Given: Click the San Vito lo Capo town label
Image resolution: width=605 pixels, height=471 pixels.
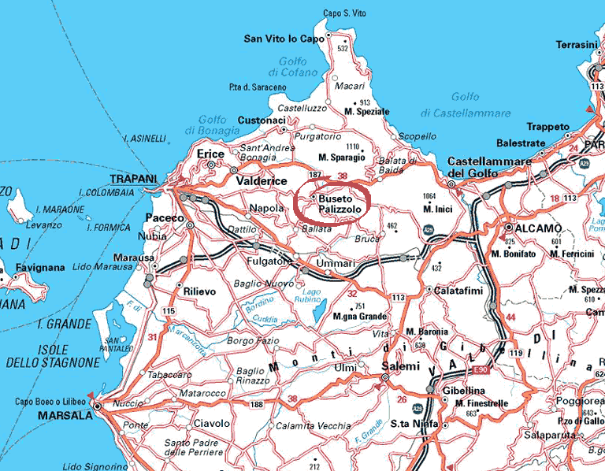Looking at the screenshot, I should (284, 38).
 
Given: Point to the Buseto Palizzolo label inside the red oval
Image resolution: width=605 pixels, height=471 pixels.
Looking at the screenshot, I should (336, 206).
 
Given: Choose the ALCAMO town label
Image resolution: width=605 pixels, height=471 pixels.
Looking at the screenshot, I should (537, 228).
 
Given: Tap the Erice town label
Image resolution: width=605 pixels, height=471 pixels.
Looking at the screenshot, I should (210, 154).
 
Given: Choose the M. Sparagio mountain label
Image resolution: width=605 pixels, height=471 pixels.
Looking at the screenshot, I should (341, 157).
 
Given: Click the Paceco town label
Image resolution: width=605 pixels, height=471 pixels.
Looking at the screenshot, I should (165, 217).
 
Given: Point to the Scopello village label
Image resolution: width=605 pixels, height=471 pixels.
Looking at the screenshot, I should (417, 136).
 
